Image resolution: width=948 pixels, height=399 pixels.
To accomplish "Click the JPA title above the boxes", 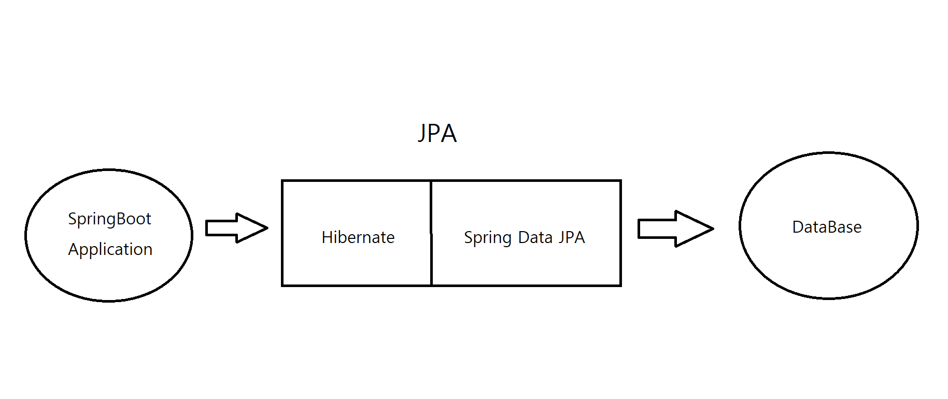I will tap(437, 134).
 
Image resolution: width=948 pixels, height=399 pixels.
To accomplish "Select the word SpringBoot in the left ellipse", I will tap(109, 219).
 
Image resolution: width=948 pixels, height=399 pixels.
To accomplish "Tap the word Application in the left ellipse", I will tap(110, 250).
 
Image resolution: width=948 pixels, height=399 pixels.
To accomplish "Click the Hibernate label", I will tap(358, 237).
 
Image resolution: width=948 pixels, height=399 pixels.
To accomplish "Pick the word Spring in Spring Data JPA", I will tap(487, 238).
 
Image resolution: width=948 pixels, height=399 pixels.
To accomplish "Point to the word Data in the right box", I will tap(535, 237).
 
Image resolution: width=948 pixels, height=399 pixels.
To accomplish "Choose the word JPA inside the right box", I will tap(572, 237).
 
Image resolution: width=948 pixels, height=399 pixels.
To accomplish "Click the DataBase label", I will tap(827, 227).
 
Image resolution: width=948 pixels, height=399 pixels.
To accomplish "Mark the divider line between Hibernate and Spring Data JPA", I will tap(431, 233).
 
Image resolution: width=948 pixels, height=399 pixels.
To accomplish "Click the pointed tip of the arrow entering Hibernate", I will tap(266, 227).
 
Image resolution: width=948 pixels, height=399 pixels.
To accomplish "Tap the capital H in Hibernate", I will tap(327, 237).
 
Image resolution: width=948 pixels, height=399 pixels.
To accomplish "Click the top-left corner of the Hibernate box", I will tap(282, 181).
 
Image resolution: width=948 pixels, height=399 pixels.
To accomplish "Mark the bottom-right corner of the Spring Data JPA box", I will tap(620, 285).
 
